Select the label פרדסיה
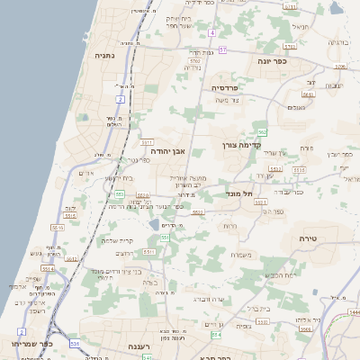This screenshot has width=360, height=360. click(x=223, y=87)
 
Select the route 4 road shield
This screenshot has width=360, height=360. click(x=212, y=32)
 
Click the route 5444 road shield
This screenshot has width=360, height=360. click(x=354, y=311)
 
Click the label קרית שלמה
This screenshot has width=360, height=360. click(x=118, y=239)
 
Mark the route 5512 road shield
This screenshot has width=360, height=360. click(x=58, y=228)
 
